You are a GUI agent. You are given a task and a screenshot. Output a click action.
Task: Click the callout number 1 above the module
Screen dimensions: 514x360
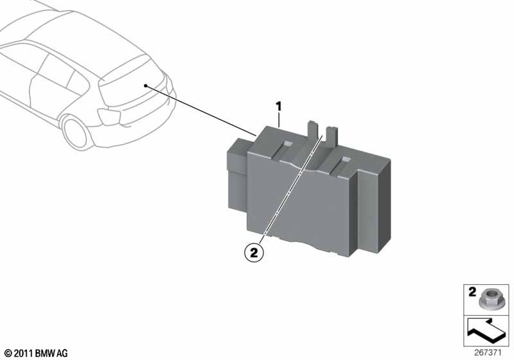click(278, 107)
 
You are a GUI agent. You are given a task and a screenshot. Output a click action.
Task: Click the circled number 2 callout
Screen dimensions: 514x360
click(254, 253)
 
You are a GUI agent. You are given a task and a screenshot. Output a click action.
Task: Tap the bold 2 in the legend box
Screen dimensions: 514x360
click(472, 292)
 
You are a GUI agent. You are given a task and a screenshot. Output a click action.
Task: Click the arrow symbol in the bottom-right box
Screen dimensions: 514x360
click(486, 332)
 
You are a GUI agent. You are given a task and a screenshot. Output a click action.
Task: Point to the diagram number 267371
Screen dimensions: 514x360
click(488, 353)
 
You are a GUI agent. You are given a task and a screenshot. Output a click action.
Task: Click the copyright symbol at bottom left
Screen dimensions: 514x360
click(8, 354)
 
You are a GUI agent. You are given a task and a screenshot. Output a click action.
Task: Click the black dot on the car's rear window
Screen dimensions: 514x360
click(145, 86)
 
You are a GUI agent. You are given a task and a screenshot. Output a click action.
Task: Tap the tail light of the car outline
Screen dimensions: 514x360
click(109, 116)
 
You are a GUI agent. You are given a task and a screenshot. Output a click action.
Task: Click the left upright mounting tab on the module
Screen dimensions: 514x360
click(312, 130)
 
